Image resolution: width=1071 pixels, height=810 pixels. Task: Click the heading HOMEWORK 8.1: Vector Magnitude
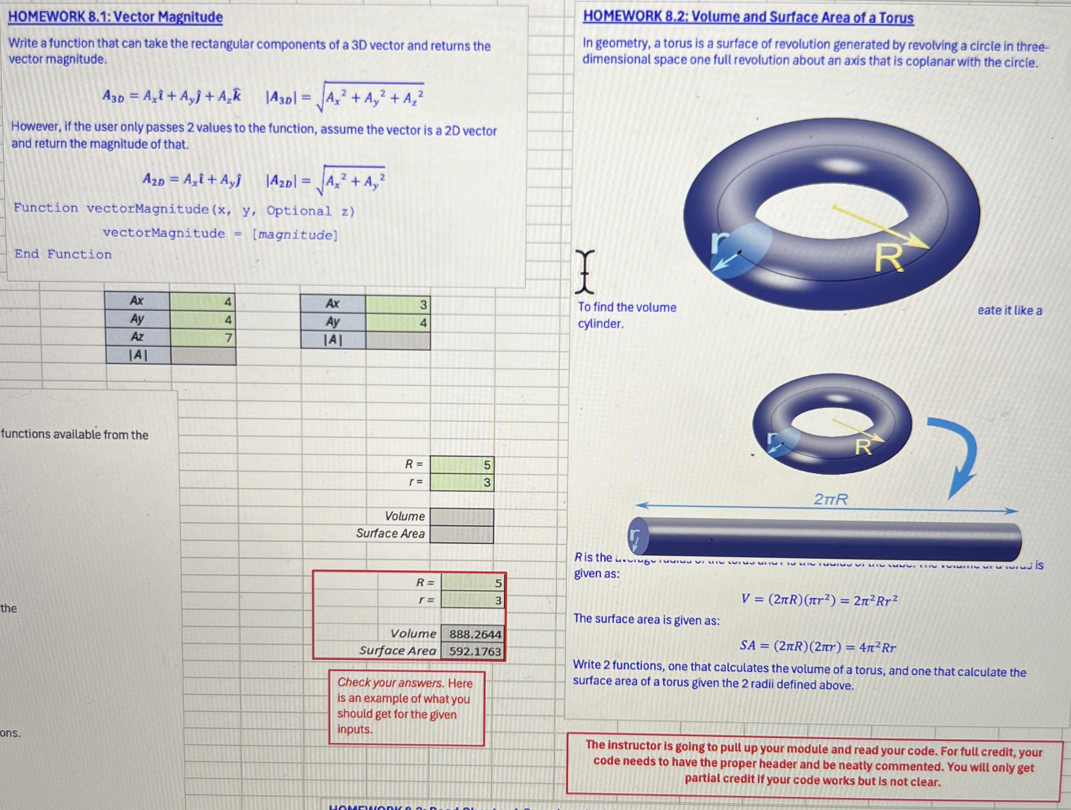tap(115, 17)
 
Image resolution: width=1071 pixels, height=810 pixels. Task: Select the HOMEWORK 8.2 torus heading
tap(748, 17)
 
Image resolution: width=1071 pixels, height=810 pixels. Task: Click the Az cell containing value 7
tap(203, 337)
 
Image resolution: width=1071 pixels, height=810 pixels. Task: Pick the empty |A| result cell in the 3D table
tap(203, 356)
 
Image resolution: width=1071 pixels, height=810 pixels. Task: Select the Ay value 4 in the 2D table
tap(397, 323)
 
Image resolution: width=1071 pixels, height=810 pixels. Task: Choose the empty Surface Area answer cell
tap(462, 534)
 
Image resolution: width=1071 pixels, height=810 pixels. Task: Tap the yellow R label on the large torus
tap(889, 259)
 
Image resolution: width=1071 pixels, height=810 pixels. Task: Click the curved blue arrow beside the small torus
tap(956, 456)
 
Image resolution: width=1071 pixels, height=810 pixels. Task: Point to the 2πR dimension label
tap(831, 499)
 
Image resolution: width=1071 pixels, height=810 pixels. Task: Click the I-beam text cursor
tap(585, 272)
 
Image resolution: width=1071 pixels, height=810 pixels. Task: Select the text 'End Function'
tap(63, 255)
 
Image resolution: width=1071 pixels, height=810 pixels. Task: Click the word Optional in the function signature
tap(299, 211)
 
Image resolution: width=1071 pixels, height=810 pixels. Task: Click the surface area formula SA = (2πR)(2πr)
tap(818, 646)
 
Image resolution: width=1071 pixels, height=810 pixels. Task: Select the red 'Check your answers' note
tap(406, 706)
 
